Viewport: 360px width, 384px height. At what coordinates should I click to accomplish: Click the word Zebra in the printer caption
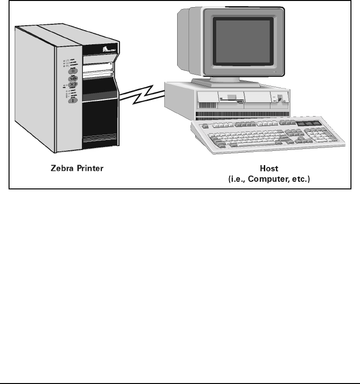[x=61, y=168]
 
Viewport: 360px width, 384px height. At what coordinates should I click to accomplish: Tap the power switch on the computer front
[x=280, y=99]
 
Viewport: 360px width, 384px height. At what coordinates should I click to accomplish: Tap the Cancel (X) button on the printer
[x=72, y=85]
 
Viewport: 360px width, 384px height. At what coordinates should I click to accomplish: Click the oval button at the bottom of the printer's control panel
[x=72, y=99]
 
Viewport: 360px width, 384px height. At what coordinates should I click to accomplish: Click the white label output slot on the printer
[x=97, y=74]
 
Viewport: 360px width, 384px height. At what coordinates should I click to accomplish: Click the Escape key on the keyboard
[x=205, y=126]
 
